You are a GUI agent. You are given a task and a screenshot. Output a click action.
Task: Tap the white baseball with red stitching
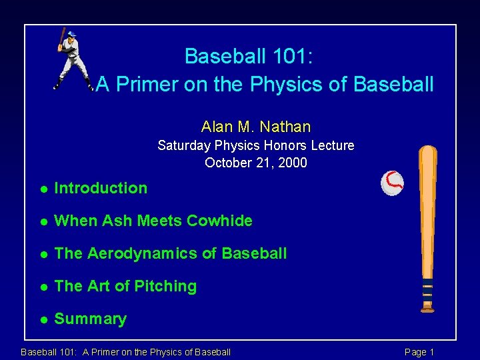(x=392, y=183)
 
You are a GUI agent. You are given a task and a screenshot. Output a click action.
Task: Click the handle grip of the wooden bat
(x=427, y=290)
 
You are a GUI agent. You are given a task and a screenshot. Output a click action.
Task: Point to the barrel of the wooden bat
(x=427, y=187)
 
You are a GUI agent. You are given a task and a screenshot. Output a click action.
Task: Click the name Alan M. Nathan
(x=256, y=126)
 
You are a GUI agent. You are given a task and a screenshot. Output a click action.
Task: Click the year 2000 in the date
(x=293, y=163)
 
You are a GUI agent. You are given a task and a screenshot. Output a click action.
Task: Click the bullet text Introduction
(x=101, y=188)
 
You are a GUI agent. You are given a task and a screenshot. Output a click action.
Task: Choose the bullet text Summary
(x=90, y=319)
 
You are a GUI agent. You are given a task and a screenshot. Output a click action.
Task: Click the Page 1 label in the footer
(x=419, y=352)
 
